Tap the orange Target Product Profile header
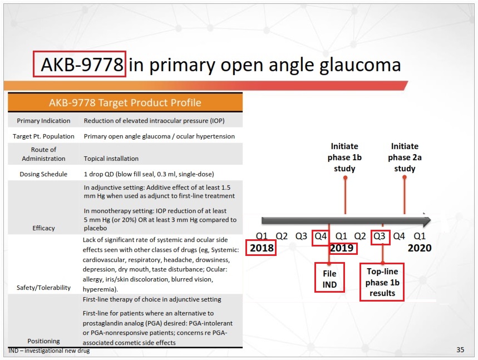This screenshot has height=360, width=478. pyautogui.click(x=125, y=102)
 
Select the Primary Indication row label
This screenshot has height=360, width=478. pyautogui.click(x=43, y=121)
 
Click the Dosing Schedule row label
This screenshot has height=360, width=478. pyautogui.click(x=43, y=174)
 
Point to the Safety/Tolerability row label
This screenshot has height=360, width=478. pyautogui.click(x=43, y=288)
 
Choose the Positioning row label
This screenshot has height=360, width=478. pyautogui.click(x=43, y=341)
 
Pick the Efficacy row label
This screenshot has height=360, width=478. pyautogui.click(x=43, y=228)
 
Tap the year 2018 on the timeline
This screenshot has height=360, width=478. pyautogui.click(x=262, y=248)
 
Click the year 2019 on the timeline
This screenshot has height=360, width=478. pyautogui.click(x=342, y=248)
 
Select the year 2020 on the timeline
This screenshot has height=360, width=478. pyautogui.click(x=420, y=248)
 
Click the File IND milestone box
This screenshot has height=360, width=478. pyautogui.click(x=329, y=279)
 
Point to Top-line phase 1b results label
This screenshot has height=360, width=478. pyautogui.click(x=381, y=283)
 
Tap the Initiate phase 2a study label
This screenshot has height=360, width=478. pyautogui.click(x=405, y=157)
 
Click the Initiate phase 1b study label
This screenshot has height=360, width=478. pyautogui.click(x=345, y=157)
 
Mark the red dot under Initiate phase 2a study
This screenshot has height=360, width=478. pyautogui.click(x=405, y=177)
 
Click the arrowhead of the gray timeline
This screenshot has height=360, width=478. pyautogui.click(x=427, y=221)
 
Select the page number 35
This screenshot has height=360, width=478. pyautogui.click(x=460, y=350)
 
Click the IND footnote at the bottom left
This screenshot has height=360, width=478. pyautogui.click(x=49, y=351)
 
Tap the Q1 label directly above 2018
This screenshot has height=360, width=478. pyautogui.click(x=262, y=236)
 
